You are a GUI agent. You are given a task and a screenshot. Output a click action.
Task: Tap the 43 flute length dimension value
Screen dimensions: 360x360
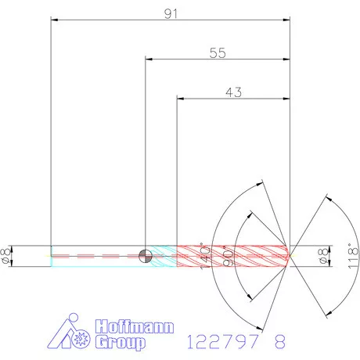pos(233,92)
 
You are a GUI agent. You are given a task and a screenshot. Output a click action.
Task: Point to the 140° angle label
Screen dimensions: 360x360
pos(204,255)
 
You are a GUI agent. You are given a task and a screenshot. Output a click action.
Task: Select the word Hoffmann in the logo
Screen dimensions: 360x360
pos(134,327)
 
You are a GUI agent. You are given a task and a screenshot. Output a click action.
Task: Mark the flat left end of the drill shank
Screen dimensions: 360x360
pos(51,254)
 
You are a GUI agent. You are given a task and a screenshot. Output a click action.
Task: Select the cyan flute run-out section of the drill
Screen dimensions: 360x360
pos(163,254)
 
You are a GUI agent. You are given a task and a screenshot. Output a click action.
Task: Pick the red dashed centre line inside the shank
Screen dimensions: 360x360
pos(94,255)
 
